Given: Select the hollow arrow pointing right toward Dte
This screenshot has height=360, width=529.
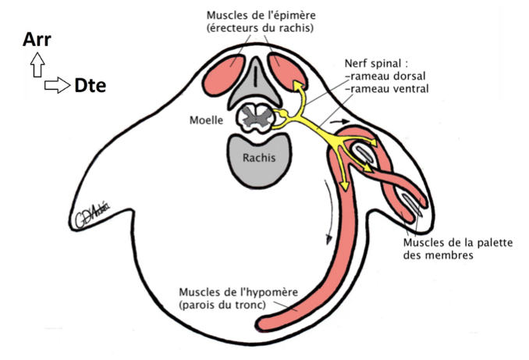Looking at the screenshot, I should tap(57, 84).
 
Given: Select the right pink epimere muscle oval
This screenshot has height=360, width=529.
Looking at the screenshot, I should tap(286, 70).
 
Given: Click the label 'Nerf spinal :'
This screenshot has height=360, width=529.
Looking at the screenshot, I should tap(378, 62).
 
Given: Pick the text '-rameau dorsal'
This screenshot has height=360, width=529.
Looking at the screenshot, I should tap(385, 76).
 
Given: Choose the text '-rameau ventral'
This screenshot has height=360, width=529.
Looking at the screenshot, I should tap(389, 88).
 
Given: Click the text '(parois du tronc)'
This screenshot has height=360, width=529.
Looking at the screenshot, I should tap(221, 304).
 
